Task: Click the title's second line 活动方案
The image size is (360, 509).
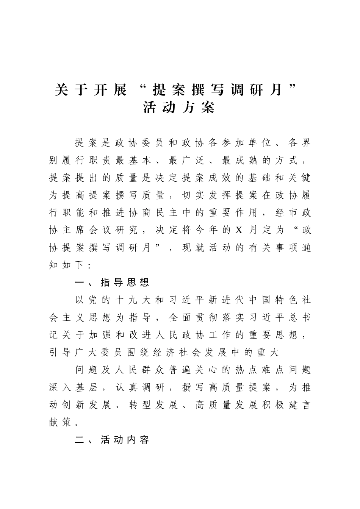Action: (179, 108)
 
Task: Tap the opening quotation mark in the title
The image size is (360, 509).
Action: (142, 89)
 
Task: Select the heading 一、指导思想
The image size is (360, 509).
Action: (112, 282)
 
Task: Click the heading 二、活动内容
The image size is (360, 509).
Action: (112, 440)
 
